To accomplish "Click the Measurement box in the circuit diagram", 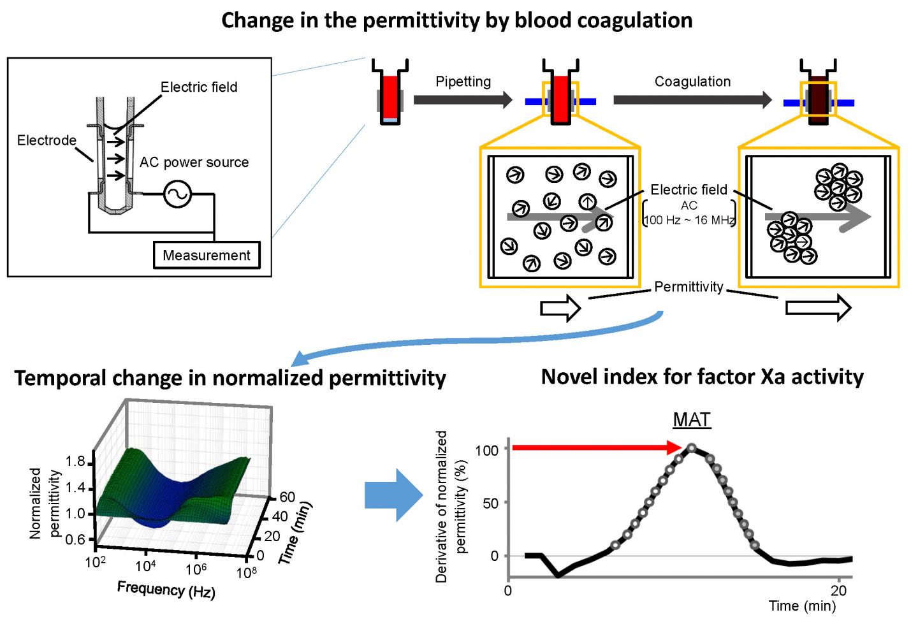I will pyautogui.click(x=207, y=255).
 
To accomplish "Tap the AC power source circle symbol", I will pyautogui.click(x=177, y=194).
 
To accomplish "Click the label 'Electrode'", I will pyautogui.click(x=47, y=140).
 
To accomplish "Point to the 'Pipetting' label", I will pyautogui.click(x=463, y=82).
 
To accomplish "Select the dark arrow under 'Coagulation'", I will pyautogui.click(x=692, y=99).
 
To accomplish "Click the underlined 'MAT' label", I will pyautogui.click(x=692, y=420).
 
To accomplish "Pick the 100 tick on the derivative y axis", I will pyautogui.click(x=487, y=451).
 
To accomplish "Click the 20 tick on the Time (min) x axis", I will pyautogui.click(x=838, y=590).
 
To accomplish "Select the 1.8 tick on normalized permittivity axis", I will pyautogui.click(x=75, y=461).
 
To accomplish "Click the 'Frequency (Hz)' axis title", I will pyautogui.click(x=166, y=590).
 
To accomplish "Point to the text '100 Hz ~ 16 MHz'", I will pyautogui.click(x=689, y=221).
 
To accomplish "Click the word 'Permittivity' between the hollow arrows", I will pyautogui.click(x=688, y=287).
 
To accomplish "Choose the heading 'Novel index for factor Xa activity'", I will pyautogui.click(x=702, y=377).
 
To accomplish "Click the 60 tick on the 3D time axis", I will pyautogui.click(x=287, y=497).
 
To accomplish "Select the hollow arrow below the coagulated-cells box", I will pyautogui.click(x=818, y=308).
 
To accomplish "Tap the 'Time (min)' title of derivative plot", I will pyautogui.click(x=801, y=606).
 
